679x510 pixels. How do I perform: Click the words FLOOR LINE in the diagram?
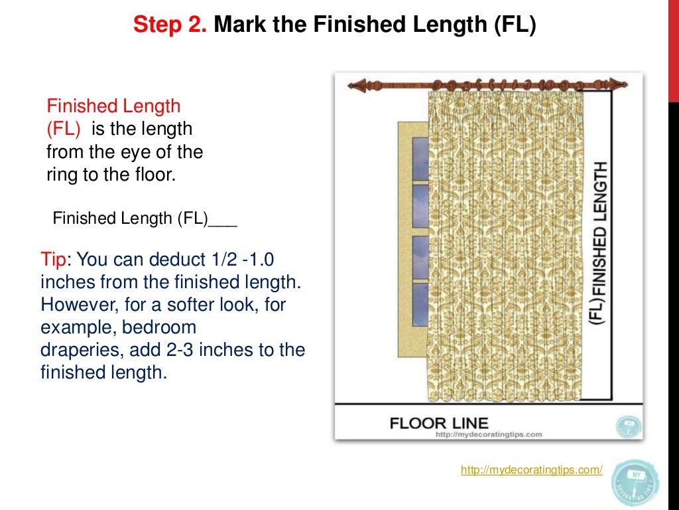[439, 422]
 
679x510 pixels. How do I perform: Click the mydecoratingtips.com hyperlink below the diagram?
[531, 470]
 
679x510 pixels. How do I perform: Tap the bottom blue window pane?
[420, 305]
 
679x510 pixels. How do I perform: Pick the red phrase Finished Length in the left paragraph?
[113, 106]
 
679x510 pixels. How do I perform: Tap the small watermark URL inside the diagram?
[489, 435]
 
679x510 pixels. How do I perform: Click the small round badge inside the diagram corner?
[627, 425]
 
